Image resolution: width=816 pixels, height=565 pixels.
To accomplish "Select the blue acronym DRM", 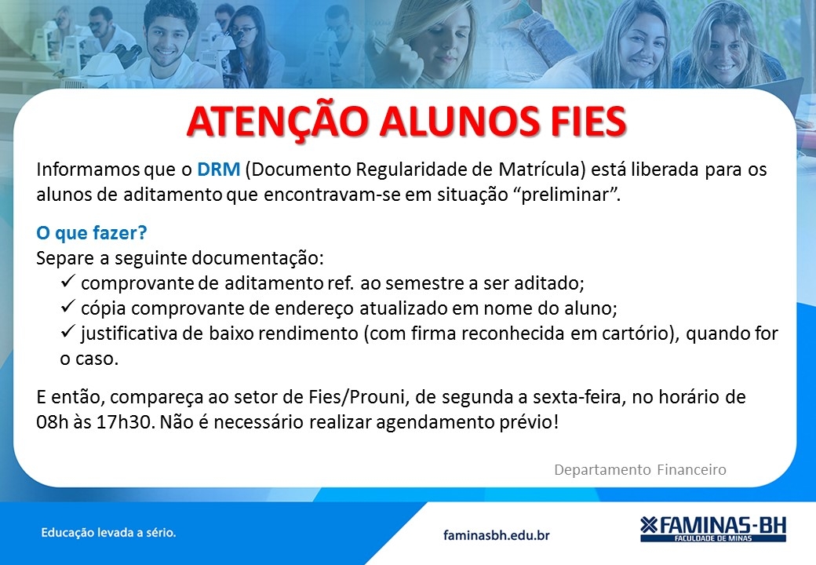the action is tap(219, 169).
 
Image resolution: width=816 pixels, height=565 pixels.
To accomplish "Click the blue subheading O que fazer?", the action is tap(92, 232).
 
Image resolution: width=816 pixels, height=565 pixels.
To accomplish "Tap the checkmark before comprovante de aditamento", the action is tap(68, 281).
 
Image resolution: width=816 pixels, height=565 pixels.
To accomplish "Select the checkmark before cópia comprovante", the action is tap(68, 306).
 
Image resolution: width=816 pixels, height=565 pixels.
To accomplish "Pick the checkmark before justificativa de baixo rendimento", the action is tap(68, 331).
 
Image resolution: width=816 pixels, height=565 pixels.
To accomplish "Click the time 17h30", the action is tap(126, 422).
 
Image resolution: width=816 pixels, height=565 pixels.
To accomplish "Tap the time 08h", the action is tap(53, 422).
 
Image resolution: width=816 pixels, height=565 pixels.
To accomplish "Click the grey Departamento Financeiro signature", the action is tap(640, 470).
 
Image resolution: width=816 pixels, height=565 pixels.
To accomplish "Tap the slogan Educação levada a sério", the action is tap(109, 533).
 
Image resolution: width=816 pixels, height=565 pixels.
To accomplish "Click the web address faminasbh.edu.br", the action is tap(497, 535).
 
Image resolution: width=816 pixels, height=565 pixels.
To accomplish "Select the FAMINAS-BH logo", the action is tap(713, 529).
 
